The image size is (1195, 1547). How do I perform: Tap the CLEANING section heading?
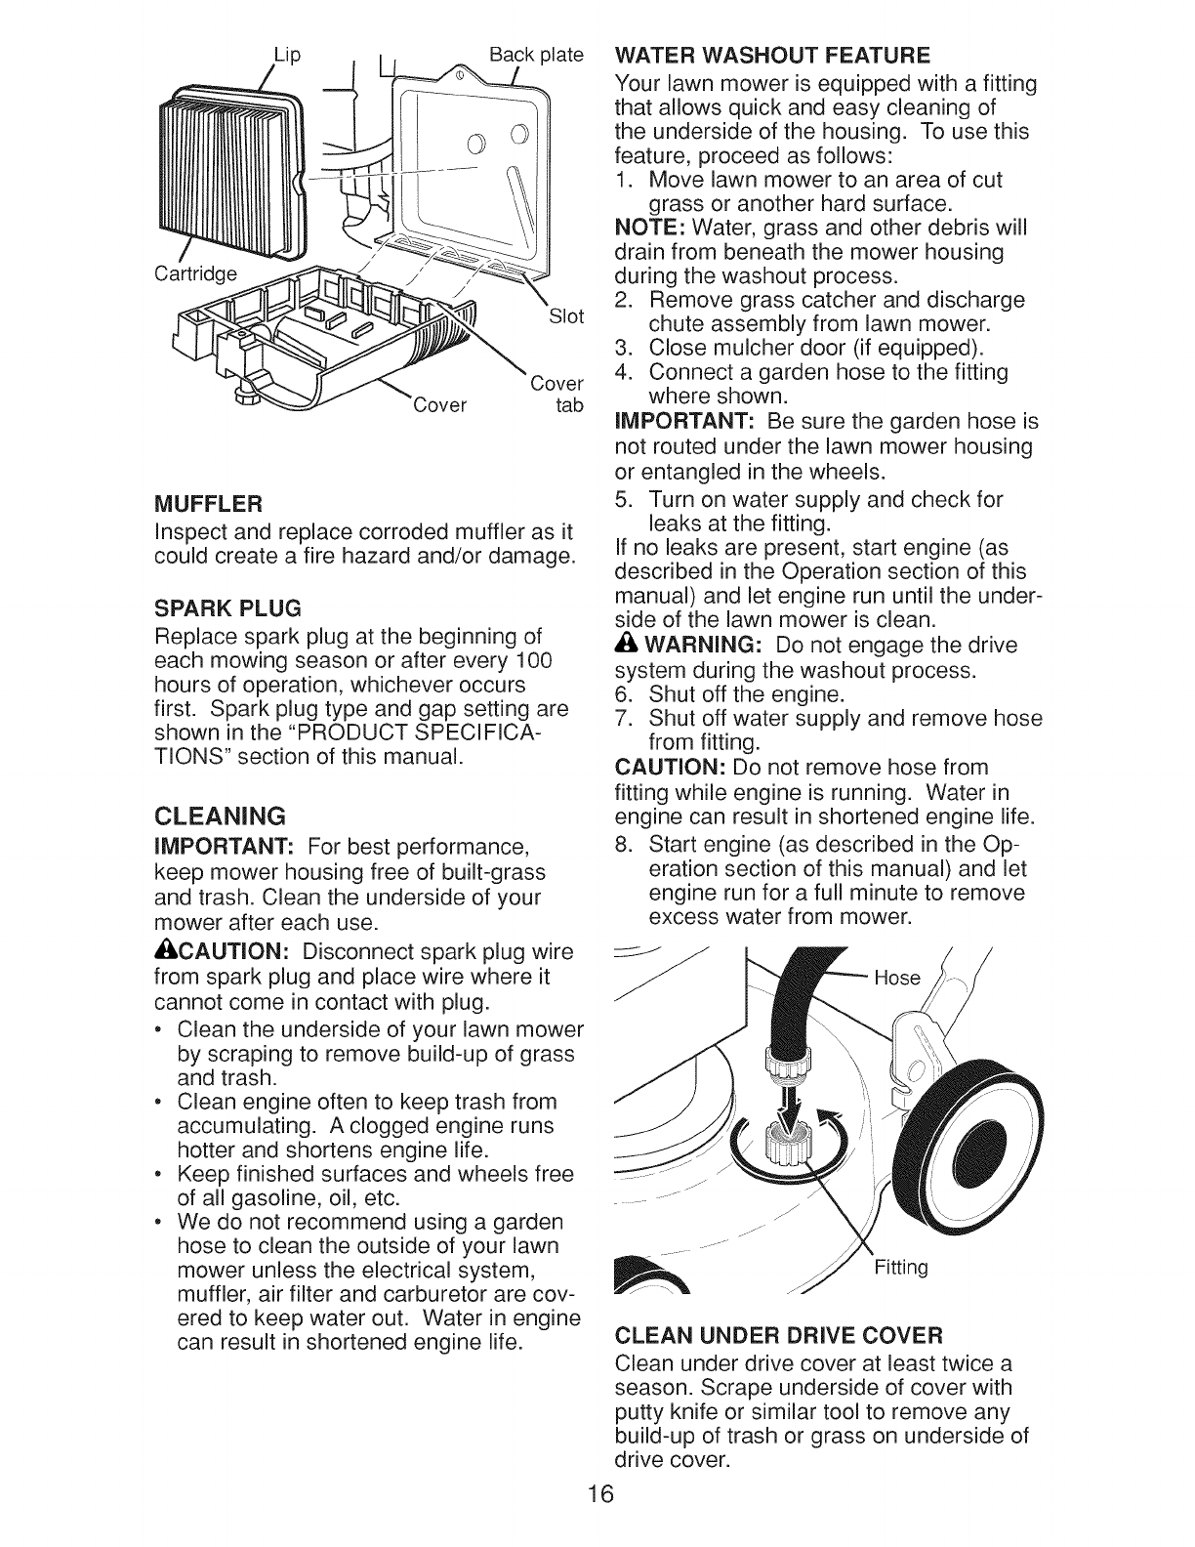pos(220,815)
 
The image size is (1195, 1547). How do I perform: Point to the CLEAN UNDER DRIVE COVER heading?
pos(779,1334)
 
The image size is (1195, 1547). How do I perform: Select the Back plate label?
pos(536,53)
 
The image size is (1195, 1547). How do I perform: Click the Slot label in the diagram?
pos(566,315)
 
